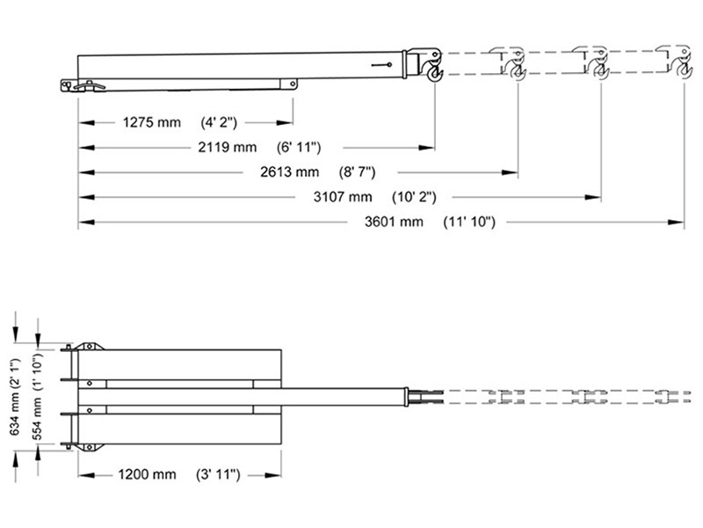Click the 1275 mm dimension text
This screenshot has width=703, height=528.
(x=151, y=122)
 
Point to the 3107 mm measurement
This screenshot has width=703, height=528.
(x=343, y=196)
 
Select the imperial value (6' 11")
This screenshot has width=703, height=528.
(x=297, y=147)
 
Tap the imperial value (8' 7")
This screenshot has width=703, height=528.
(x=360, y=172)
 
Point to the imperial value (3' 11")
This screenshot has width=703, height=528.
(x=218, y=474)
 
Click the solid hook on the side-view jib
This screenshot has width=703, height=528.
(x=433, y=66)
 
